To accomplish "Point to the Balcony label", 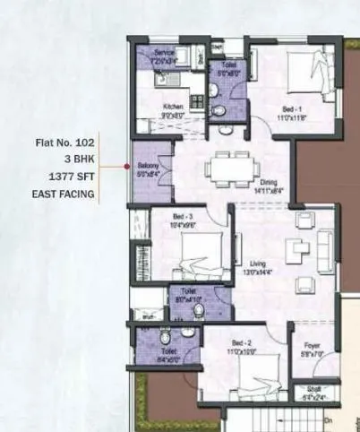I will click(149, 165).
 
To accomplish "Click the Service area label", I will click(163, 53).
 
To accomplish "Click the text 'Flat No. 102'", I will click(68, 142).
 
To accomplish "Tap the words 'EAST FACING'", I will click(64, 193).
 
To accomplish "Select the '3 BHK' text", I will click(78, 159).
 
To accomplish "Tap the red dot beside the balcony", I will click(125, 167).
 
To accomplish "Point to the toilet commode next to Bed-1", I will click(218, 110).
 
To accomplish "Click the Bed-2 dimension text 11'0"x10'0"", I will click(243, 351).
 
